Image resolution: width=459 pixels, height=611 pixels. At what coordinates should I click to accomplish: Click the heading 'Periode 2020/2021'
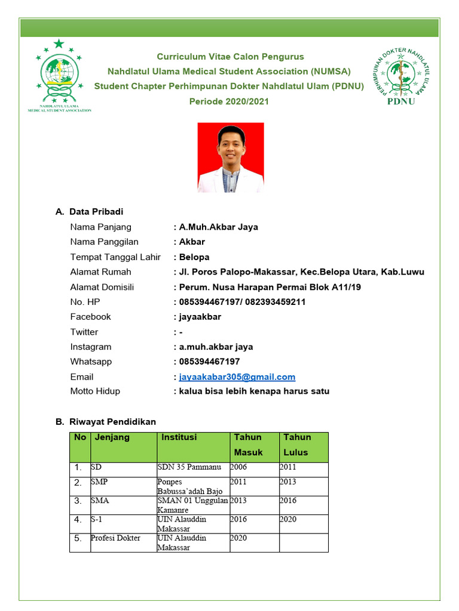pyautogui.click(x=229, y=101)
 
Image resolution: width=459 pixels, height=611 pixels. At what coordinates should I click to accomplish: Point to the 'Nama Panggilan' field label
pyautogui.click(x=104, y=242)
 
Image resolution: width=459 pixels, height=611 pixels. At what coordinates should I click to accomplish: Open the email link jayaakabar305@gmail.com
pyautogui.click(x=237, y=377)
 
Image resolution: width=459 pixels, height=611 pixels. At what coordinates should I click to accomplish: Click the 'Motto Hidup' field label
pyautogui.click(x=95, y=391)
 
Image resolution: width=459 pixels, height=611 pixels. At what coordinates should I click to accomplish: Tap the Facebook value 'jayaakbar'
pyautogui.click(x=200, y=317)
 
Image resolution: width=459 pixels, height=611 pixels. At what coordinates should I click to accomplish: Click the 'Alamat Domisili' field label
pyautogui.click(x=102, y=287)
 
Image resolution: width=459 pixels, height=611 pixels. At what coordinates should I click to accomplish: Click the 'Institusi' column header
pyautogui.click(x=179, y=437)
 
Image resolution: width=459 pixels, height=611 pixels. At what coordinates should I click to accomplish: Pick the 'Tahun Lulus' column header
pyautogui.click(x=297, y=445)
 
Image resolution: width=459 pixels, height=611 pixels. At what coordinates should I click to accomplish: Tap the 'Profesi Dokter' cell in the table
pyautogui.click(x=115, y=538)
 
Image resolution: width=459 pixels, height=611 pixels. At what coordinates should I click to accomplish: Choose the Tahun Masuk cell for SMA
pyautogui.click(x=238, y=501)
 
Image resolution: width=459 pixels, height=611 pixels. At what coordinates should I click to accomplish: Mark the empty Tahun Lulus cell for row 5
pyautogui.click(x=303, y=542)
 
